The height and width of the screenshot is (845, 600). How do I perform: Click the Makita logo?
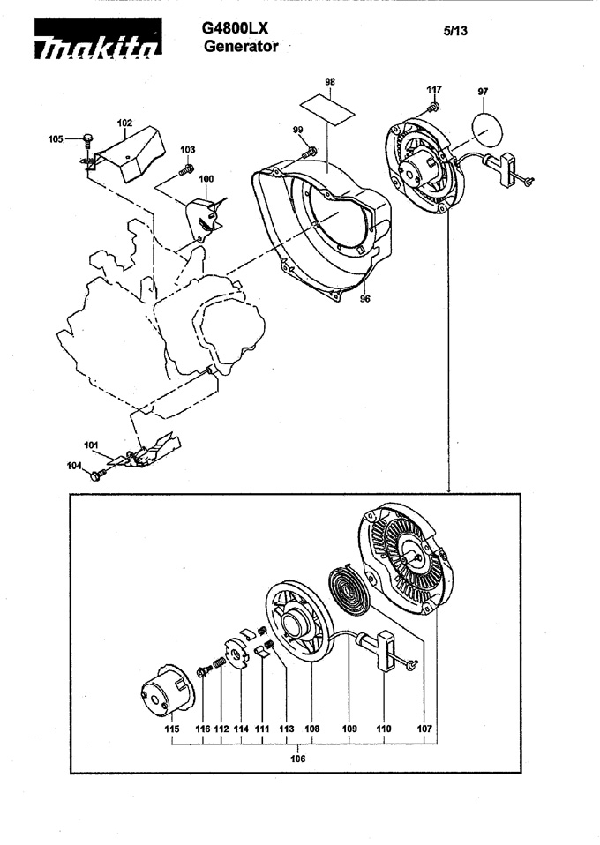click(98, 38)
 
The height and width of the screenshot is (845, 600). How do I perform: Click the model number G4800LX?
click(235, 28)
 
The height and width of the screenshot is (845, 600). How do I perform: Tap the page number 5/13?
click(455, 31)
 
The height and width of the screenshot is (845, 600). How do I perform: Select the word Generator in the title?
click(241, 47)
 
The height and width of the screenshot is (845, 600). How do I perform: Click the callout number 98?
click(330, 81)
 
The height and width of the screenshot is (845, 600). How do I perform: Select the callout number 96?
click(365, 298)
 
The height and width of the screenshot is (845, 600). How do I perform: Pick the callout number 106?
click(297, 759)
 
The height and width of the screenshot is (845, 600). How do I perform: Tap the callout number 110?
click(383, 729)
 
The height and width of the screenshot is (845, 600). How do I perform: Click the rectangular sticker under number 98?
click(327, 110)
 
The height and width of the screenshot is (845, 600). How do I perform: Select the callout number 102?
click(124, 123)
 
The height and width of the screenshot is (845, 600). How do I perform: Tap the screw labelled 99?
click(310, 153)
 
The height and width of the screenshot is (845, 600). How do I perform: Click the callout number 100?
click(206, 178)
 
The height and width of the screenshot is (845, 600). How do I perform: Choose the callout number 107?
click(424, 729)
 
